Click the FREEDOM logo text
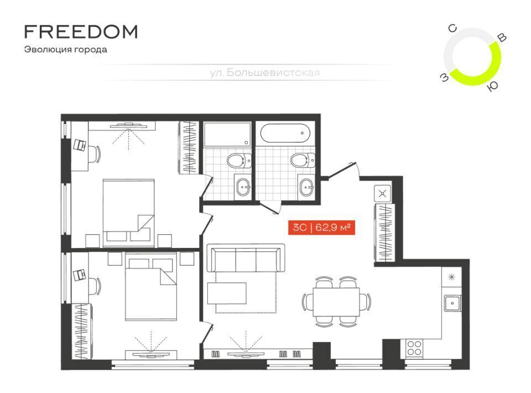81,32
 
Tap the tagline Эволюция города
66,49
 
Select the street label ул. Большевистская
264,73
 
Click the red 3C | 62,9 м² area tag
321,227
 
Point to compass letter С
453,28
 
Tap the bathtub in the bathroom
285,133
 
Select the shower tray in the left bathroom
227,135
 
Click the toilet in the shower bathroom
239,161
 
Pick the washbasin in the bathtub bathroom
307,187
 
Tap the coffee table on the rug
227,293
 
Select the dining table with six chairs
336,302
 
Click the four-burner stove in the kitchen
414,348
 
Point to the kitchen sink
452,303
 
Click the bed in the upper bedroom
128,213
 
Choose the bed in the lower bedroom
151,286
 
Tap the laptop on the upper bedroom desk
80,144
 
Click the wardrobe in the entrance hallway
384,232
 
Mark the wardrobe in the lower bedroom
82,331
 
